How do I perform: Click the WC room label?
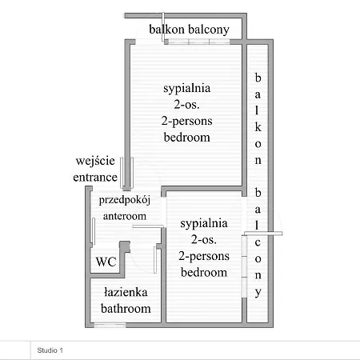106,262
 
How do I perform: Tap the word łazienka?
126,292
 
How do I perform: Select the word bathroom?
126,309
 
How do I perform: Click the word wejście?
95,161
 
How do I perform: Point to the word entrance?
95,178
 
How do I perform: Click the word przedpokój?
125,200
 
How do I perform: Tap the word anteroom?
125,216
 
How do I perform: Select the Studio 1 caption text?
50,350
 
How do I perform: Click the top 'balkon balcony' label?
189,30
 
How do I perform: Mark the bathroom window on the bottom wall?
110,325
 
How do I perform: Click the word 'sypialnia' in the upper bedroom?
186,89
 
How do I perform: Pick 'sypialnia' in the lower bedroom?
204,223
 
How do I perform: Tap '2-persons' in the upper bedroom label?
186,122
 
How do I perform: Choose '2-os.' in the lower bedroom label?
204,239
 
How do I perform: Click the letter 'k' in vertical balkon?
258,127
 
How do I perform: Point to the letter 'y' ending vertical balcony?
258,293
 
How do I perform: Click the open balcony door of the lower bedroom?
263,234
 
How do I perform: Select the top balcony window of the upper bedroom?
198,42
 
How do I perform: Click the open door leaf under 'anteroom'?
148,226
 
